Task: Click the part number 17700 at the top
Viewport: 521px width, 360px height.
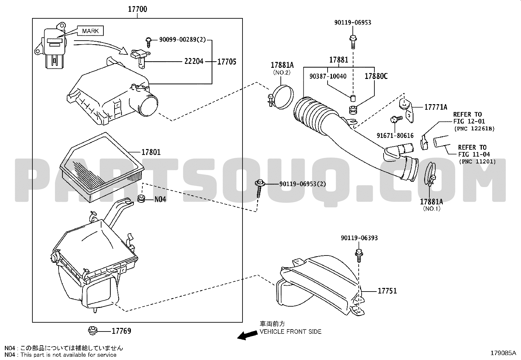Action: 137,9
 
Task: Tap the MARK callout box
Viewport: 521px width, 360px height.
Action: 90,31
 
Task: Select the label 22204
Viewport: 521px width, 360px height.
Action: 194,61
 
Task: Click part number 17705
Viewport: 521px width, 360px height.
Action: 227,62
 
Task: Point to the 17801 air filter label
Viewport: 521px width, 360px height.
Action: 151,152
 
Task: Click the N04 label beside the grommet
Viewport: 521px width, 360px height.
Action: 160,199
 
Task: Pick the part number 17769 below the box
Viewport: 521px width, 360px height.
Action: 121,331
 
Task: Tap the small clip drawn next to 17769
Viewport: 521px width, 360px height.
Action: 93,331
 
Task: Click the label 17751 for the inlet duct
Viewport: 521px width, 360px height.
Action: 387,291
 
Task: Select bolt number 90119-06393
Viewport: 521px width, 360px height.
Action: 359,238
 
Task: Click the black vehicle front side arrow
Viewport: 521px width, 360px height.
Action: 247,335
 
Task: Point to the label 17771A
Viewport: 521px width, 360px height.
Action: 436,107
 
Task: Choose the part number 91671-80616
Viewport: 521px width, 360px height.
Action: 395,135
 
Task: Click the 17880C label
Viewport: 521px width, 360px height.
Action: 376,76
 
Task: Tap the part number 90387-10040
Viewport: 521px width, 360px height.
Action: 328,76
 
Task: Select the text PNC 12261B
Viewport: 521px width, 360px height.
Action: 475,128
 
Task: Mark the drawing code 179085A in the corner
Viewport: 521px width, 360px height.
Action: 503,353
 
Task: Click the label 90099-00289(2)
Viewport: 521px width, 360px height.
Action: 183,40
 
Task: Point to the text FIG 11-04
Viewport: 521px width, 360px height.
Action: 474,154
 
